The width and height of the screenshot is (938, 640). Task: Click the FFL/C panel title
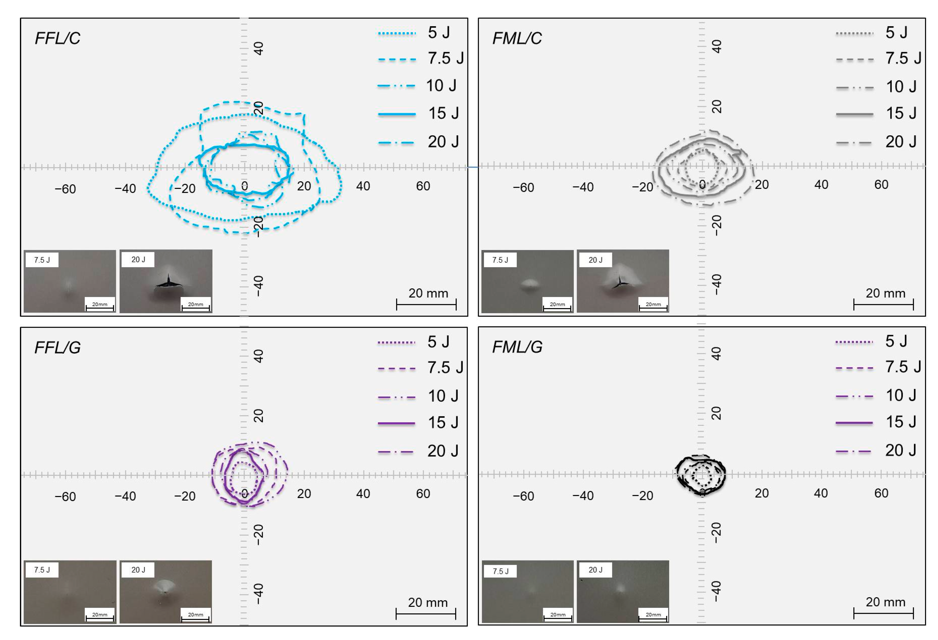pos(57,38)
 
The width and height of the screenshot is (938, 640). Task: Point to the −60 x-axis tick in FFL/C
pos(65,189)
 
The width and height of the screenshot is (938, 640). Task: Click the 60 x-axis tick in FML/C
pos(881,185)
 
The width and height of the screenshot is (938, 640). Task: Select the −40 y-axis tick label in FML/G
pos(716,591)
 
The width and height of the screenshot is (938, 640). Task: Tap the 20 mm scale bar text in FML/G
pos(885,602)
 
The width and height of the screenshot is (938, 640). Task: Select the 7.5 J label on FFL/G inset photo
pos(42,570)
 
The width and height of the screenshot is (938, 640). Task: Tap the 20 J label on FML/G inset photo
pos(595,570)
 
